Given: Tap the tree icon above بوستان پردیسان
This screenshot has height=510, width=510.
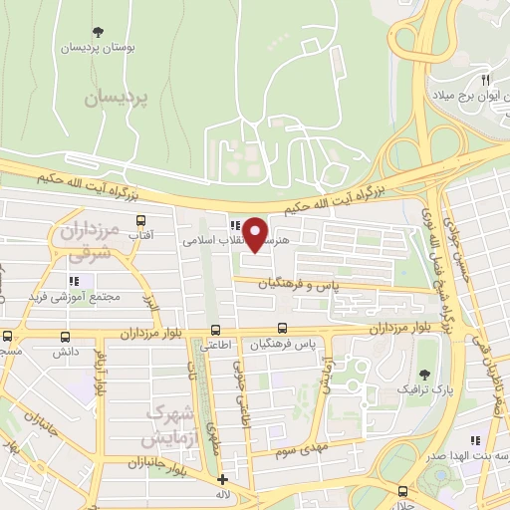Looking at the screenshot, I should coord(97,32).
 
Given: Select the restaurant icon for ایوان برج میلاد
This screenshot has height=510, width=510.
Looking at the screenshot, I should coord(485,79).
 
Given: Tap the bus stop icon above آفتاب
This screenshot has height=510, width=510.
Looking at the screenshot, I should coord(140,221).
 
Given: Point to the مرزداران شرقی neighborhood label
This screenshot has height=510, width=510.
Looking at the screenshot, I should coord(88,243).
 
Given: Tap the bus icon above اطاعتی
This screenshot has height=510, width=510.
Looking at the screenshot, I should coord(215,330).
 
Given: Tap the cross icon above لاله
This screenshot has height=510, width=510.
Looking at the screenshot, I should coord(222,480).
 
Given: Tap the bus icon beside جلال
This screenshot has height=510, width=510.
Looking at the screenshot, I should coord(402,490).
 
